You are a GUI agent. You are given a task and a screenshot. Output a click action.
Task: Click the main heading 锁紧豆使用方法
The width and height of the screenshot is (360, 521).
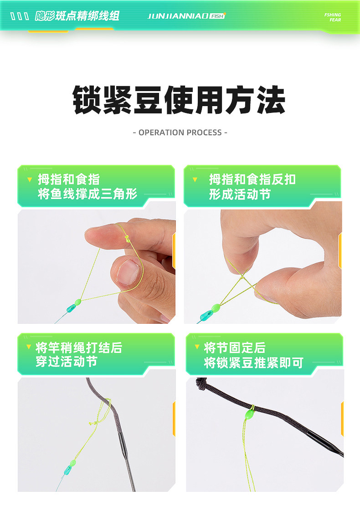click(179, 100)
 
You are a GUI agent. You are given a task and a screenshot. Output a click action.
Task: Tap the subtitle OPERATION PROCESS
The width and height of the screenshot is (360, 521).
click(180, 133)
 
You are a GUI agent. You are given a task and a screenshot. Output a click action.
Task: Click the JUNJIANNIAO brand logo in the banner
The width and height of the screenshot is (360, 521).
click(186, 16)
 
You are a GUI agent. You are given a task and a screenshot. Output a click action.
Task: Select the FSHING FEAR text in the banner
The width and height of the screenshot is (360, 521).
click(332, 17)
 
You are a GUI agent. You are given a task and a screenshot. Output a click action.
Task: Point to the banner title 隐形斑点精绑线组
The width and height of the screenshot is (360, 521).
click(77, 16)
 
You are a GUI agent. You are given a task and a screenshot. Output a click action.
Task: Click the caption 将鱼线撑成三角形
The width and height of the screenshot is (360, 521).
click(87, 194)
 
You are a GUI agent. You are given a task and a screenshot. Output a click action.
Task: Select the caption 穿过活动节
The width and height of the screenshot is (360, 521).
click(67, 362)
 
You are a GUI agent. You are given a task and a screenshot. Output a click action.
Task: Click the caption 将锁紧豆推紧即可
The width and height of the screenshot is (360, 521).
click(254, 363)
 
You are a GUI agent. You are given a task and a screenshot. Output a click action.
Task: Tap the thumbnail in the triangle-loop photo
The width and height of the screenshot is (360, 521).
click(128, 272)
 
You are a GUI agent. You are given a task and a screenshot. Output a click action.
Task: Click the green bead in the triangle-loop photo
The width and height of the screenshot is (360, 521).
click(78, 302)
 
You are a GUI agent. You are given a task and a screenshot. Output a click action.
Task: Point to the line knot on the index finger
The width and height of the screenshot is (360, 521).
click(127, 238)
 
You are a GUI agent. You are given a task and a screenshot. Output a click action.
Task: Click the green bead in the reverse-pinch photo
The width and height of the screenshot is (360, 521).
click(216, 308)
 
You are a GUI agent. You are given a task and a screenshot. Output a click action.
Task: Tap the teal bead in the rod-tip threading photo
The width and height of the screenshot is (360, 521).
click(67, 470)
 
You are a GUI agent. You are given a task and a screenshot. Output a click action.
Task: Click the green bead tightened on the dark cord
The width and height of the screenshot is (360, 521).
click(250, 414)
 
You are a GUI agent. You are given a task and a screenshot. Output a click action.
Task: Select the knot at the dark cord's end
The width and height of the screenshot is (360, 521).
click(201, 383)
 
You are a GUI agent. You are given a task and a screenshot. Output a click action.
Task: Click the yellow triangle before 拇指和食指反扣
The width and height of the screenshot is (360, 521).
click(195, 180)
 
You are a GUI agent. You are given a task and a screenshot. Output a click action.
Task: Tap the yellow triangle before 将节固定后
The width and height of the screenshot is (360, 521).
click(197, 347)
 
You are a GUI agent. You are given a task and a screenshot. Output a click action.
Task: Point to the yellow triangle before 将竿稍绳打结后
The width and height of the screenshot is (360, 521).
click(29, 347)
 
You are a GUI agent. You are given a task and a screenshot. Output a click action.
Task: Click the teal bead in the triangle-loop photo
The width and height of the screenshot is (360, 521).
click(71, 309)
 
